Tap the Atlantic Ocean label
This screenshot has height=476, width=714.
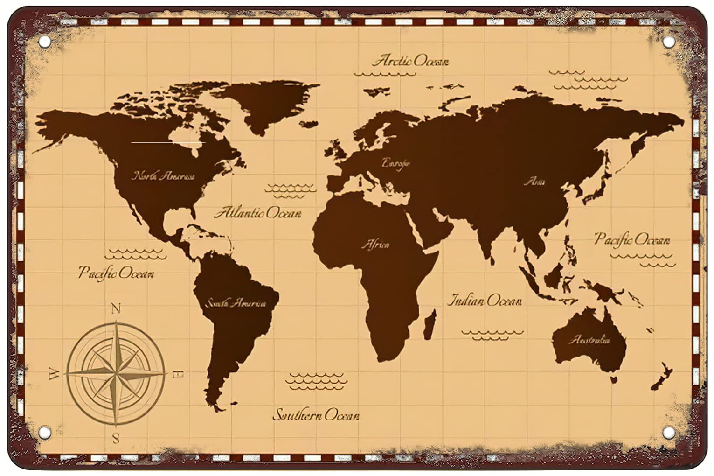click(257, 213)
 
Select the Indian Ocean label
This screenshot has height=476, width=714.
click(484, 300)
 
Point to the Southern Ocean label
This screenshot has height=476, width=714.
click(316, 414)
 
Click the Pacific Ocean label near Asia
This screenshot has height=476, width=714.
click(632, 239)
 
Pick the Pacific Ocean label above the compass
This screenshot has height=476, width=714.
click(116, 272)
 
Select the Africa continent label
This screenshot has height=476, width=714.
click(375, 245)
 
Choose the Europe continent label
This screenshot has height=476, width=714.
click(396, 163)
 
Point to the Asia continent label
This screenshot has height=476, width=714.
click(534, 182)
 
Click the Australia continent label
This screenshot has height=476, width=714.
click(589, 340)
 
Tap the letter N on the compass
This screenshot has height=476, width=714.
click(116, 308)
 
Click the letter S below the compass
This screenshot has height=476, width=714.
click(116, 438)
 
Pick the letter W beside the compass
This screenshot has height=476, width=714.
click(54, 374)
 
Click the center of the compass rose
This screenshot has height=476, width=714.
click(116, 373)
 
